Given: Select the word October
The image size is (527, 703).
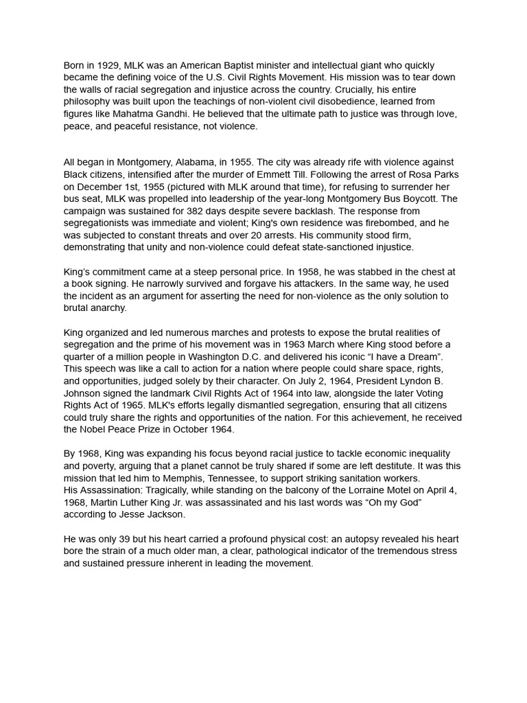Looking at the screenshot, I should click(x=192, y=430).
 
